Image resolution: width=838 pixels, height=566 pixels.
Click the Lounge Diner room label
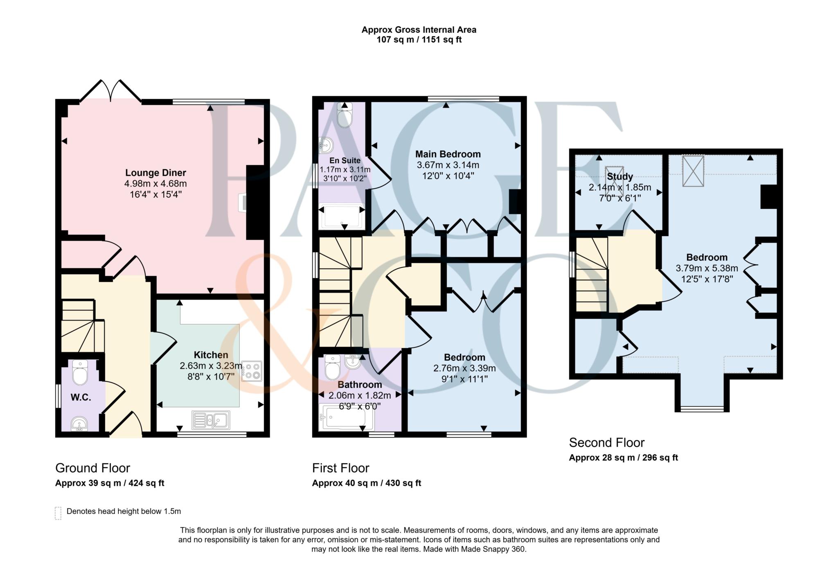click(x=155, y=173)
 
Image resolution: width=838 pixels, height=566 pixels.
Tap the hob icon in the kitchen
click(x=252, y=371)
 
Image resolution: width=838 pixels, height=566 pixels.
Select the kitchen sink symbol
click(x=211, y=420)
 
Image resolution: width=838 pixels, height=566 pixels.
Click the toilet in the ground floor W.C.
click(x=80, y=372)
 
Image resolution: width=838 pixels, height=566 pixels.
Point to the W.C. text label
click(x=81, y=397)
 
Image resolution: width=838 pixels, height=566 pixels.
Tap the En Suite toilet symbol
click(x=345, y=115)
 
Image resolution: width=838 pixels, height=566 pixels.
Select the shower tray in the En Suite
click(x=342, y=216)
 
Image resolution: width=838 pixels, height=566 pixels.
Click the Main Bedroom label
click(x=448, y=154)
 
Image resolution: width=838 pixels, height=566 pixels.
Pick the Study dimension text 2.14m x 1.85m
click(x=620, y=187)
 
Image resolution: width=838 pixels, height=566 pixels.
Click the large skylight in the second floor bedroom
click(x=693, y=171)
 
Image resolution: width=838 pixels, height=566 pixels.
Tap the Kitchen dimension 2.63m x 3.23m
click(x=211, y=366)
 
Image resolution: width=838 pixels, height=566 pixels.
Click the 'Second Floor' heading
click(x=607, y=442)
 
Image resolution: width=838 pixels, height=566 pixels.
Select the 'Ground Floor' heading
click(x=92, y=468)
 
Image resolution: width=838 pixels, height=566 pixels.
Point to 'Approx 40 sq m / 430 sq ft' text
click(x=367, y=483)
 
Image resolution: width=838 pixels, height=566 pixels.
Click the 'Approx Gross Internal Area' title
click(x=419, y=29)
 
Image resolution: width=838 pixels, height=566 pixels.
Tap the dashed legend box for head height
click(x=58, y=513)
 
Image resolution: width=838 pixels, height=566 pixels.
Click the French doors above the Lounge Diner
click(x=110, y=90)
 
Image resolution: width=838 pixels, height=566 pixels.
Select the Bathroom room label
click(x=360, y=385)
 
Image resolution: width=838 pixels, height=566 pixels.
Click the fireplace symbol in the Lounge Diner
click(x=243, y=202)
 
